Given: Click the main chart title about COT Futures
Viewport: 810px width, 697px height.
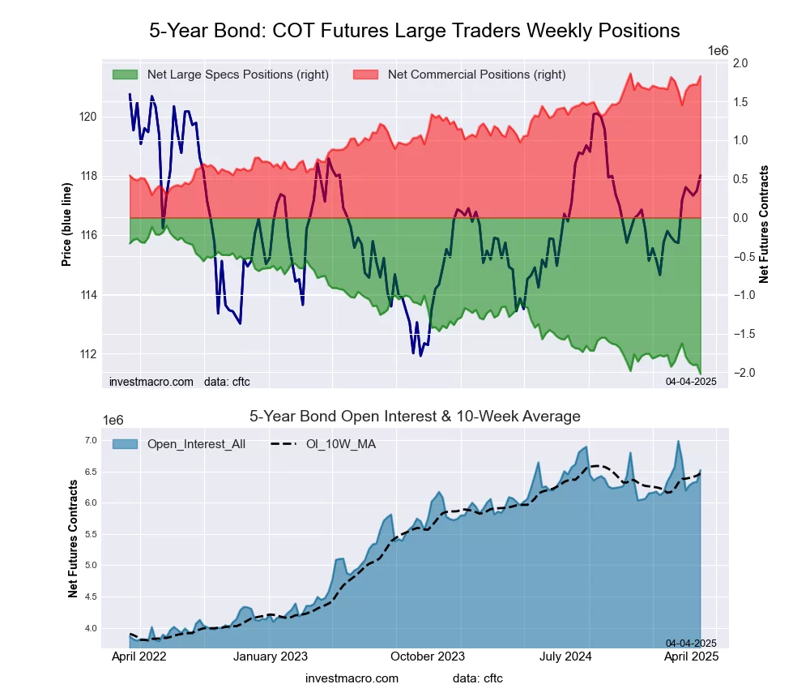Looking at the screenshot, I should tap(414, 31).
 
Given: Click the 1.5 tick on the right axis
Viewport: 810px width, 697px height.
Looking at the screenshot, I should tap(740, 102).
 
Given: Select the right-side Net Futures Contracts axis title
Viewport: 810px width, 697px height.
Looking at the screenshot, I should tap(764, 224).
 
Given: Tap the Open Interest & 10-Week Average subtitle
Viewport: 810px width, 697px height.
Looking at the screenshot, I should tap(414, 417).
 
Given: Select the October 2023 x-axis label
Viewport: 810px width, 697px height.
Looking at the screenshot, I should tap(427, 656).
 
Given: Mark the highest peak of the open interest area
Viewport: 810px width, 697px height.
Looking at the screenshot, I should tap(678, 442).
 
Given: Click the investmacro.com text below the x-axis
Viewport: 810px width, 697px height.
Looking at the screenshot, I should tap(352, 678).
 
